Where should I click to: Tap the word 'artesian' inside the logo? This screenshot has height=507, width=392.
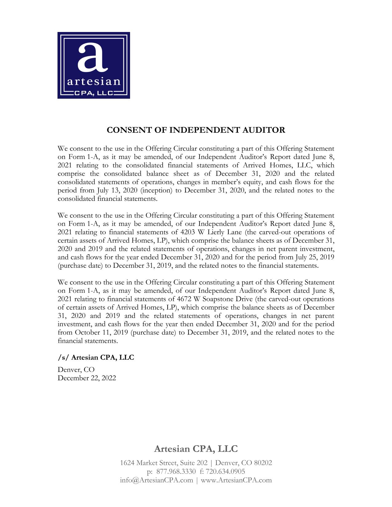(x=93, y=82)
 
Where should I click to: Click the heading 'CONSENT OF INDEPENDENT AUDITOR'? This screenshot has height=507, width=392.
(x=196, y=130)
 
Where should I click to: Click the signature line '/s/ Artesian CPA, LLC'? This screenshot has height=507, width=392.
(x=96, y=358)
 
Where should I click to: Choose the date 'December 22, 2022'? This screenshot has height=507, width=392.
(x=87, y=378)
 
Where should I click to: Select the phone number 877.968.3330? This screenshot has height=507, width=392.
(x=176, y=471)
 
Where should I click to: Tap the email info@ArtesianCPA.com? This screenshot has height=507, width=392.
(x=156, y=480)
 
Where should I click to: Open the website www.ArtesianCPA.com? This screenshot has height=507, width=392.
(x=236, y=480)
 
